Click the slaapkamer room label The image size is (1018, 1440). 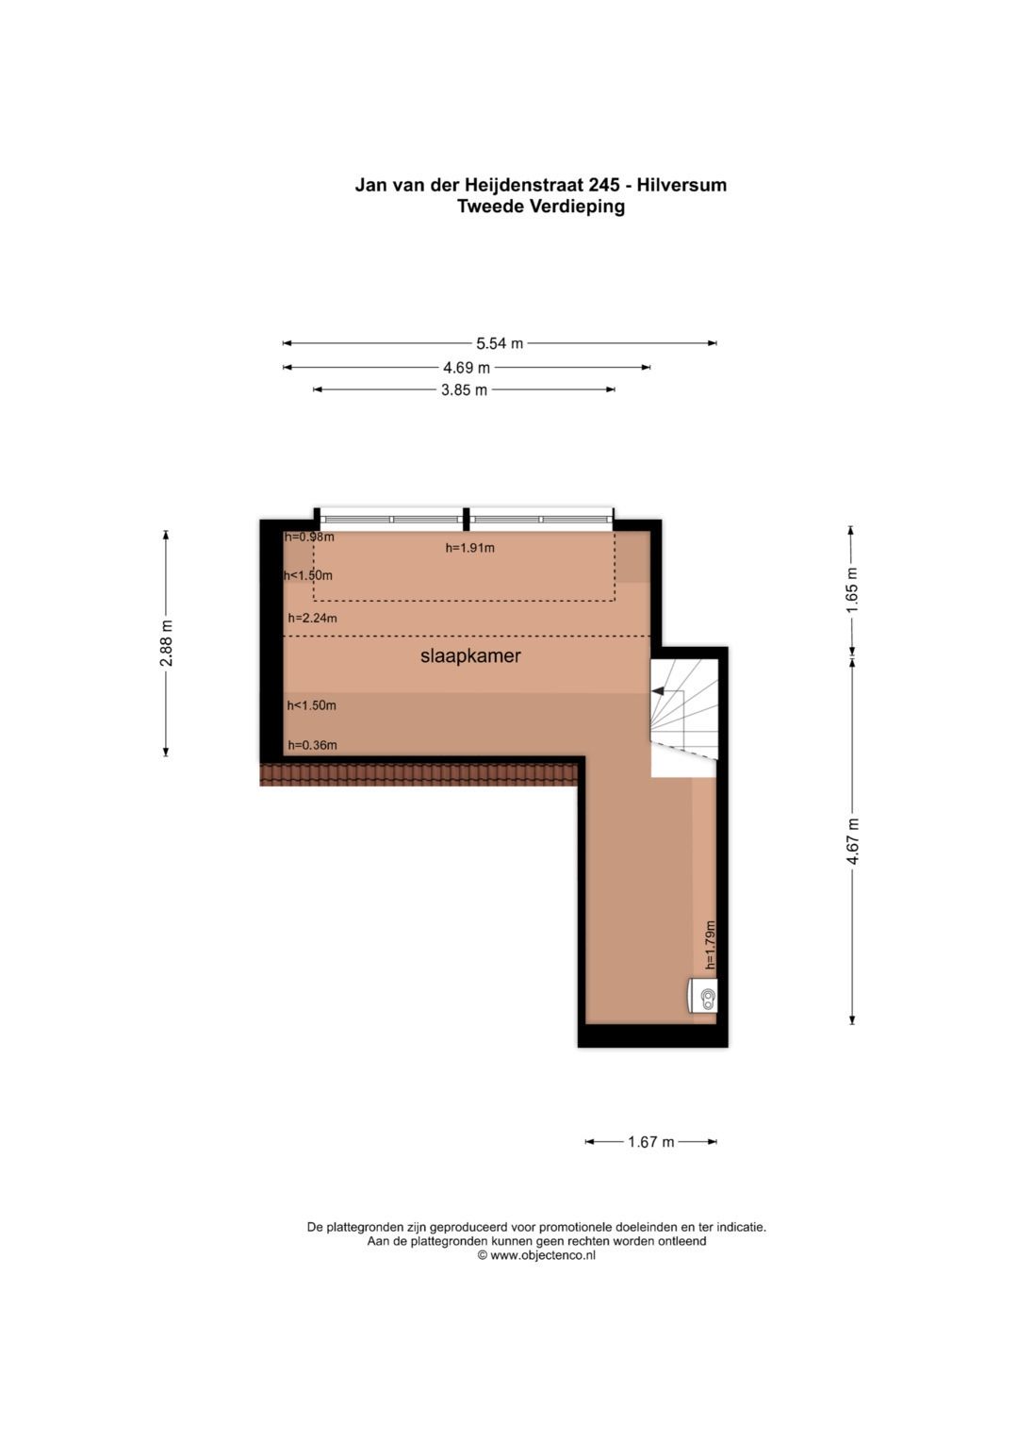coord(470,656)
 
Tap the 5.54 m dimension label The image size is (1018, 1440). coord(500,344)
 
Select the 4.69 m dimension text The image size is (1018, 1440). coord(467,368)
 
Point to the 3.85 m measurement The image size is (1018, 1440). coord(464,390)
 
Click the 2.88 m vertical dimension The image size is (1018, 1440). coord(167,643)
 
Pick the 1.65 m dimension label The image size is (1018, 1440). coord(852,589)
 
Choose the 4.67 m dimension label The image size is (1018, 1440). coord(852,841)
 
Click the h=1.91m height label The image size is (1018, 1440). coord(470,548)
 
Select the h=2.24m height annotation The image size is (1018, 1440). coord(312,619)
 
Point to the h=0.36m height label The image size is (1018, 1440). coord(312,746)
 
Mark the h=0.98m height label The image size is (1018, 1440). coord(309,537)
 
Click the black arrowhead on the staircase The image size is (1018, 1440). coord(658,691)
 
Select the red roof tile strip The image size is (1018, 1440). coord(420,774)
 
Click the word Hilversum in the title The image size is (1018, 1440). coord(681,185)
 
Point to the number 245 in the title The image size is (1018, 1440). coord(603,185)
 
